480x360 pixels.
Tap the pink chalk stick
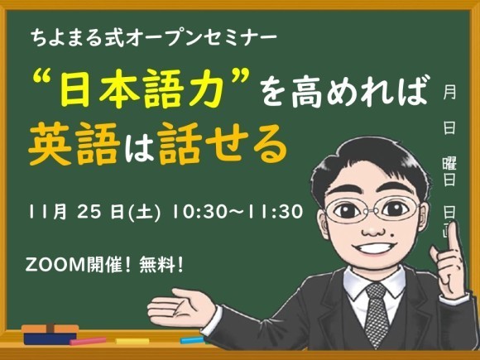click(89, 341)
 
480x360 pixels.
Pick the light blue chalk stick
click(192, 338)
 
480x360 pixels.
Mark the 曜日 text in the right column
click(449, 170)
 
